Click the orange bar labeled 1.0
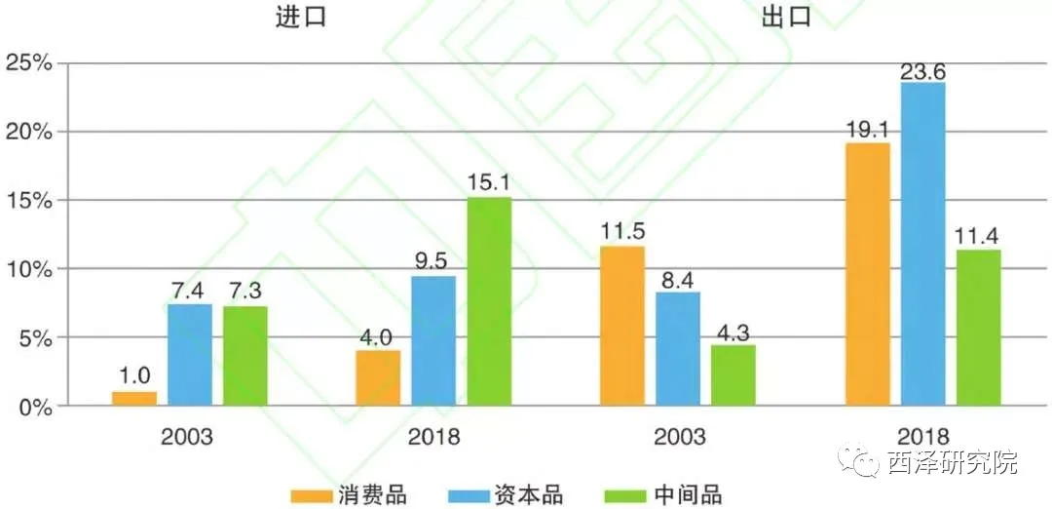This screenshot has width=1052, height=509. coord(134,398)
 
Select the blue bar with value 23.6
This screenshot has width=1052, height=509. coord(922,244)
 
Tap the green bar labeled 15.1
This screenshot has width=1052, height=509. coord(489,301)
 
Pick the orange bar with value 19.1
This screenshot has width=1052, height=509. coord(867,274)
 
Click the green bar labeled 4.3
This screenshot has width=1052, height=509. coord(733,375)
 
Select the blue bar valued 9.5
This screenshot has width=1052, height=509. coord(433,340)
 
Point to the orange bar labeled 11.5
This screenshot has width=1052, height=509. coord(621,326)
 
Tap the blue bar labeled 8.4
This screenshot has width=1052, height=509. coord(677,348)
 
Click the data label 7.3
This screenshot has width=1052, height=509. coord(244,291)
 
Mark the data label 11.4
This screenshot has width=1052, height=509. coord(978,234)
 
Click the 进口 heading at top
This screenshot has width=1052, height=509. coord(299,17)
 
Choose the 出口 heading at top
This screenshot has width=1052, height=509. coord(787,17)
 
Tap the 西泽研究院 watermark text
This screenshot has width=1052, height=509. coord(953,461)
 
